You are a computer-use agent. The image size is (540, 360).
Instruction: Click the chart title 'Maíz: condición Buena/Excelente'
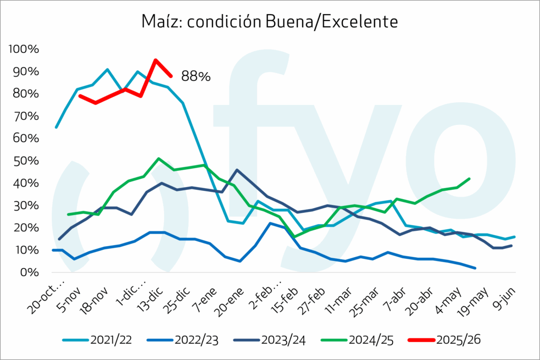click(x=269, y=22)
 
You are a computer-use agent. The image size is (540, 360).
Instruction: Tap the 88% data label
click(x=196, y=76)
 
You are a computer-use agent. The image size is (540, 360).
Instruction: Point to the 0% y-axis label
click(x=30, y=273)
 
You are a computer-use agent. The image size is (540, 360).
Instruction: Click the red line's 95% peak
click(x=156, y=60)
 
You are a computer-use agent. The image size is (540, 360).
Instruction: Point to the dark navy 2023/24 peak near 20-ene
click(x=237, y=170)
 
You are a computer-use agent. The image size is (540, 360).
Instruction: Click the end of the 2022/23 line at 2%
click(x=476, y=268)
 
